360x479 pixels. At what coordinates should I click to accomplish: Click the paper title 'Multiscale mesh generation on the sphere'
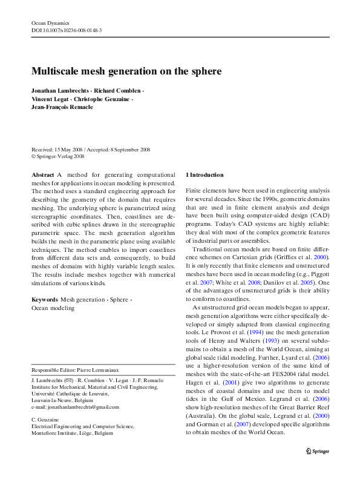(126, 71)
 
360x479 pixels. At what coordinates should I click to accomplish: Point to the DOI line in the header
(67, 30)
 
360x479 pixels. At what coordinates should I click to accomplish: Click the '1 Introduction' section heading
(206, 174)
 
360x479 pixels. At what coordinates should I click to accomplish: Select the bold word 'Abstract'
(42, 174)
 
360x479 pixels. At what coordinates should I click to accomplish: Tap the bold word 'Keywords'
(45, 300)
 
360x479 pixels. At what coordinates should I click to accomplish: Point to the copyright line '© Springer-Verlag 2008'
(58, 156)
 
